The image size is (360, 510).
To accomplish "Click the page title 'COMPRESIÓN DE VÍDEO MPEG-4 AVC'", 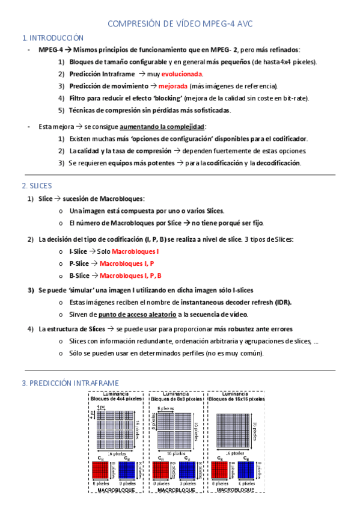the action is (x=180, y=24).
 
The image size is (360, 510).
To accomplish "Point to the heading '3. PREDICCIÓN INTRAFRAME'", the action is (x=70, y=383).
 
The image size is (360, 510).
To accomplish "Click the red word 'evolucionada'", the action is (x=182, y=74).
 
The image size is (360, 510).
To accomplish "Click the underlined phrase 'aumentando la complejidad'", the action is (x=162, y=127).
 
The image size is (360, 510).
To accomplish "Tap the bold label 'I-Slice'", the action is (x=78, y=251).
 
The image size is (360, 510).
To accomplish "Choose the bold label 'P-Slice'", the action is (x=79, y=263).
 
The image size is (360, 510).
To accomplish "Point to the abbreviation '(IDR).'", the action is (x=280, y=302).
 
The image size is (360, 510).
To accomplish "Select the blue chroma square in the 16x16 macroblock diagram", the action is (x=246, y=470).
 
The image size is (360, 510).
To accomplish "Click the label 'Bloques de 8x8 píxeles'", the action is (x=177, y=398).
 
